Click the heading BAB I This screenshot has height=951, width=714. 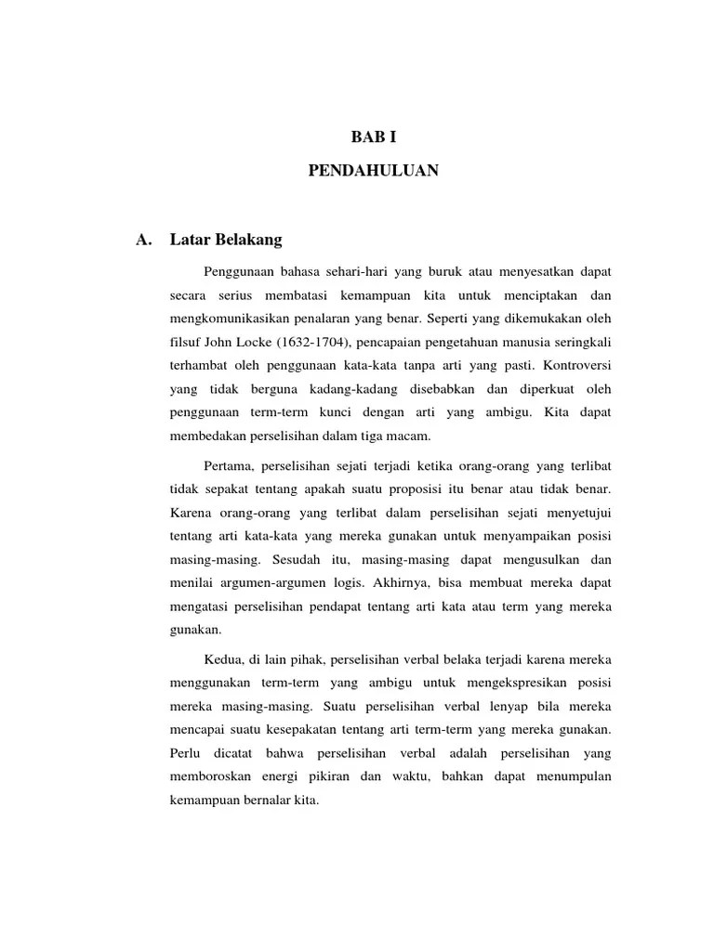coord(373,137)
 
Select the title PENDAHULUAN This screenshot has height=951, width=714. coord(373,171)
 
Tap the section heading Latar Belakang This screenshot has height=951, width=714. coord(226,241)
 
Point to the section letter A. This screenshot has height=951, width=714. coord(143,241)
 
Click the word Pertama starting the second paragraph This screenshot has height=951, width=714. coord(229,464)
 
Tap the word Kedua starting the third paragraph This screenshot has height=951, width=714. coord(223,659)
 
